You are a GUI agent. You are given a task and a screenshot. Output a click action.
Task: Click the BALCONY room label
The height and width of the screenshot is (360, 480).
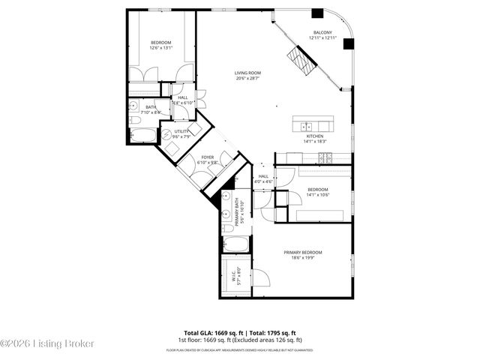[322, 32]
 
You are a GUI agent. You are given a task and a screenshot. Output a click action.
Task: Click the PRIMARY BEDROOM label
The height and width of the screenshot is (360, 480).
[302, 253]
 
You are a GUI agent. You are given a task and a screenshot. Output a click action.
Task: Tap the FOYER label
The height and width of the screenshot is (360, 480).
[206, 157]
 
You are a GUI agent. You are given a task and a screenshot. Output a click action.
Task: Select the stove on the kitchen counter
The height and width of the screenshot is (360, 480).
[325, 157]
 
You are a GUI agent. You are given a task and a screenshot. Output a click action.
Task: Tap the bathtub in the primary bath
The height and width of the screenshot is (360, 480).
[236, 245]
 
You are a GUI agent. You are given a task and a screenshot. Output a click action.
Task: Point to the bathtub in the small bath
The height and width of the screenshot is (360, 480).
[143, 136]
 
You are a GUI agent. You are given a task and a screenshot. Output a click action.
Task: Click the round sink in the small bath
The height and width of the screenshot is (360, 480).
[133, 120]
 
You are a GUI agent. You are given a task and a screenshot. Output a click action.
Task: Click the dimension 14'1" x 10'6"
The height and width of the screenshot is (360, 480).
[317, 195]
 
